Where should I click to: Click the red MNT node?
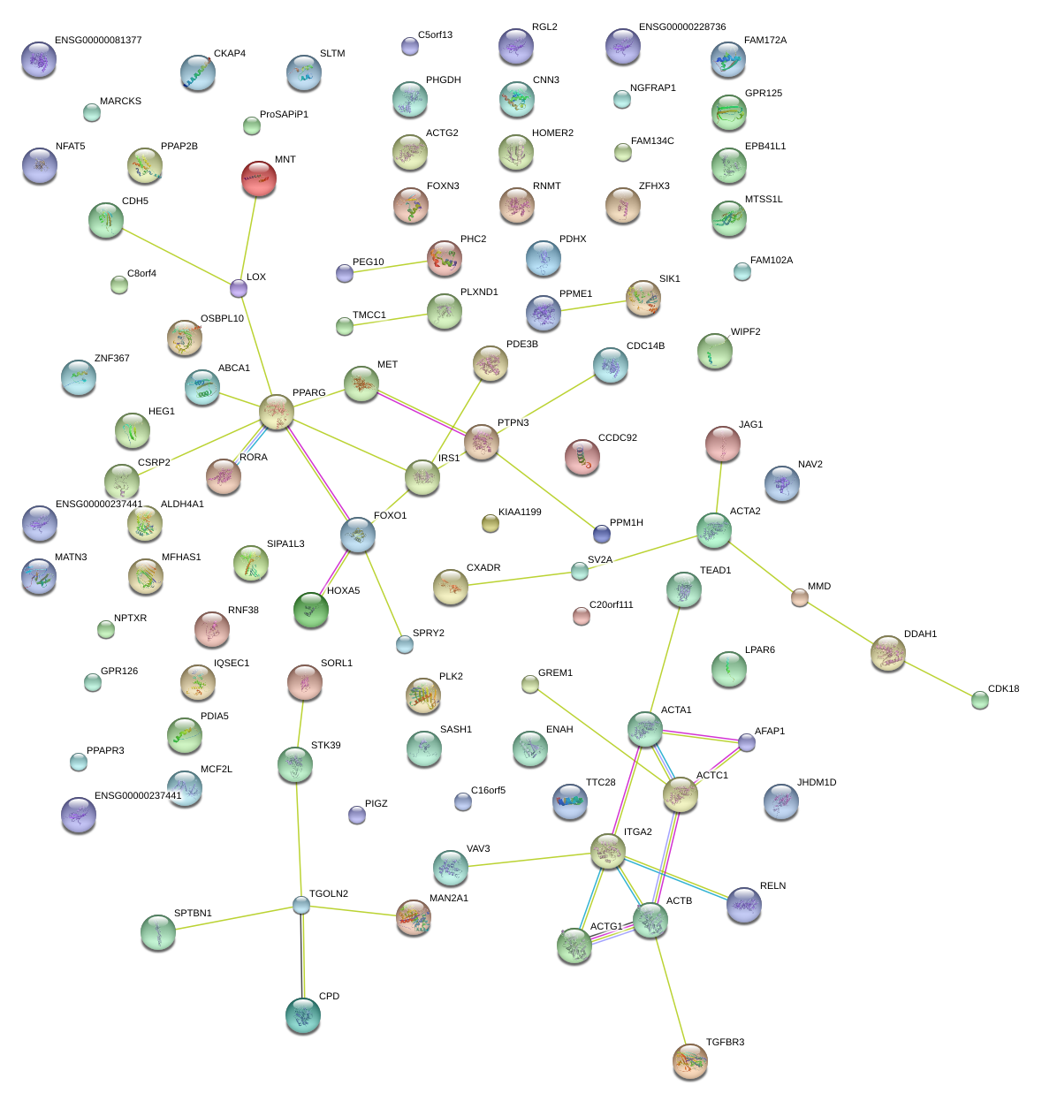click(x=258, y=178)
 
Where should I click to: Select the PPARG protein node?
click(x=277, y=411)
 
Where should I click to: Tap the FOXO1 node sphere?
click(x=358, y=535)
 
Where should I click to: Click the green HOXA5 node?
click(x=310, y=609)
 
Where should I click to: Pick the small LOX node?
click(x=239, y=288)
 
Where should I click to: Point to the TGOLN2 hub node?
click(x=301, y=905)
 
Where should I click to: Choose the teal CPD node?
click(x=303, y=1015)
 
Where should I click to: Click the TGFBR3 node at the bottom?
click(x=690, y=1060)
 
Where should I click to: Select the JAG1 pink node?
click(x=723, y=444)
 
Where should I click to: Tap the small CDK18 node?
click(x=980, y=700)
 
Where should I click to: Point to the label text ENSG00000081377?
click(x=98, y=41)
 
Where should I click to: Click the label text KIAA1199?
click(x=520, y=513)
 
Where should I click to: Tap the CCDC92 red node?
click(x=582, y=456)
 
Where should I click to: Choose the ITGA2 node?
click(x=608, y=851)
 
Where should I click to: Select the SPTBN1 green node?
click(x=158, y=931)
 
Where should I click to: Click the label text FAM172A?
click(x=765, y=41)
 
